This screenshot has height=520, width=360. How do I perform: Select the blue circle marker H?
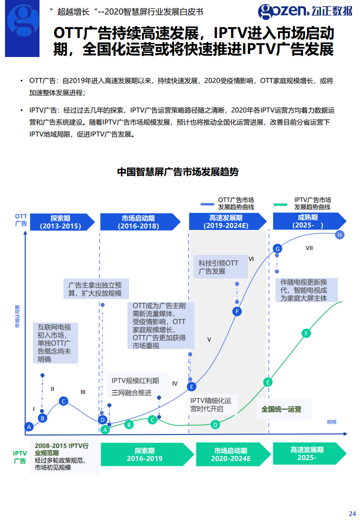340,235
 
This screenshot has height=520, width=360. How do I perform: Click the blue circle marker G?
278,248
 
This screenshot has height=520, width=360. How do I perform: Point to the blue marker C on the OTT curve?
63,401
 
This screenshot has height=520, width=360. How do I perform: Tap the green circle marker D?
215,425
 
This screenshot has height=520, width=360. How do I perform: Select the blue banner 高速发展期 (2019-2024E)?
226,222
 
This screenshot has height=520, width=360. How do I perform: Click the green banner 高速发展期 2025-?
307,453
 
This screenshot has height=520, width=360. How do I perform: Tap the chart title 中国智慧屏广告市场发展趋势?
178,172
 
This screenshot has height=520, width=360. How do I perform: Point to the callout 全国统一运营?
281,409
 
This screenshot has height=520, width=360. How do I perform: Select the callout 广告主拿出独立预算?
95,289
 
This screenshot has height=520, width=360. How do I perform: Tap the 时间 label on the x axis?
331,422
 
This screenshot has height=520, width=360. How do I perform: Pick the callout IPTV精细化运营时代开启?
211,405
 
